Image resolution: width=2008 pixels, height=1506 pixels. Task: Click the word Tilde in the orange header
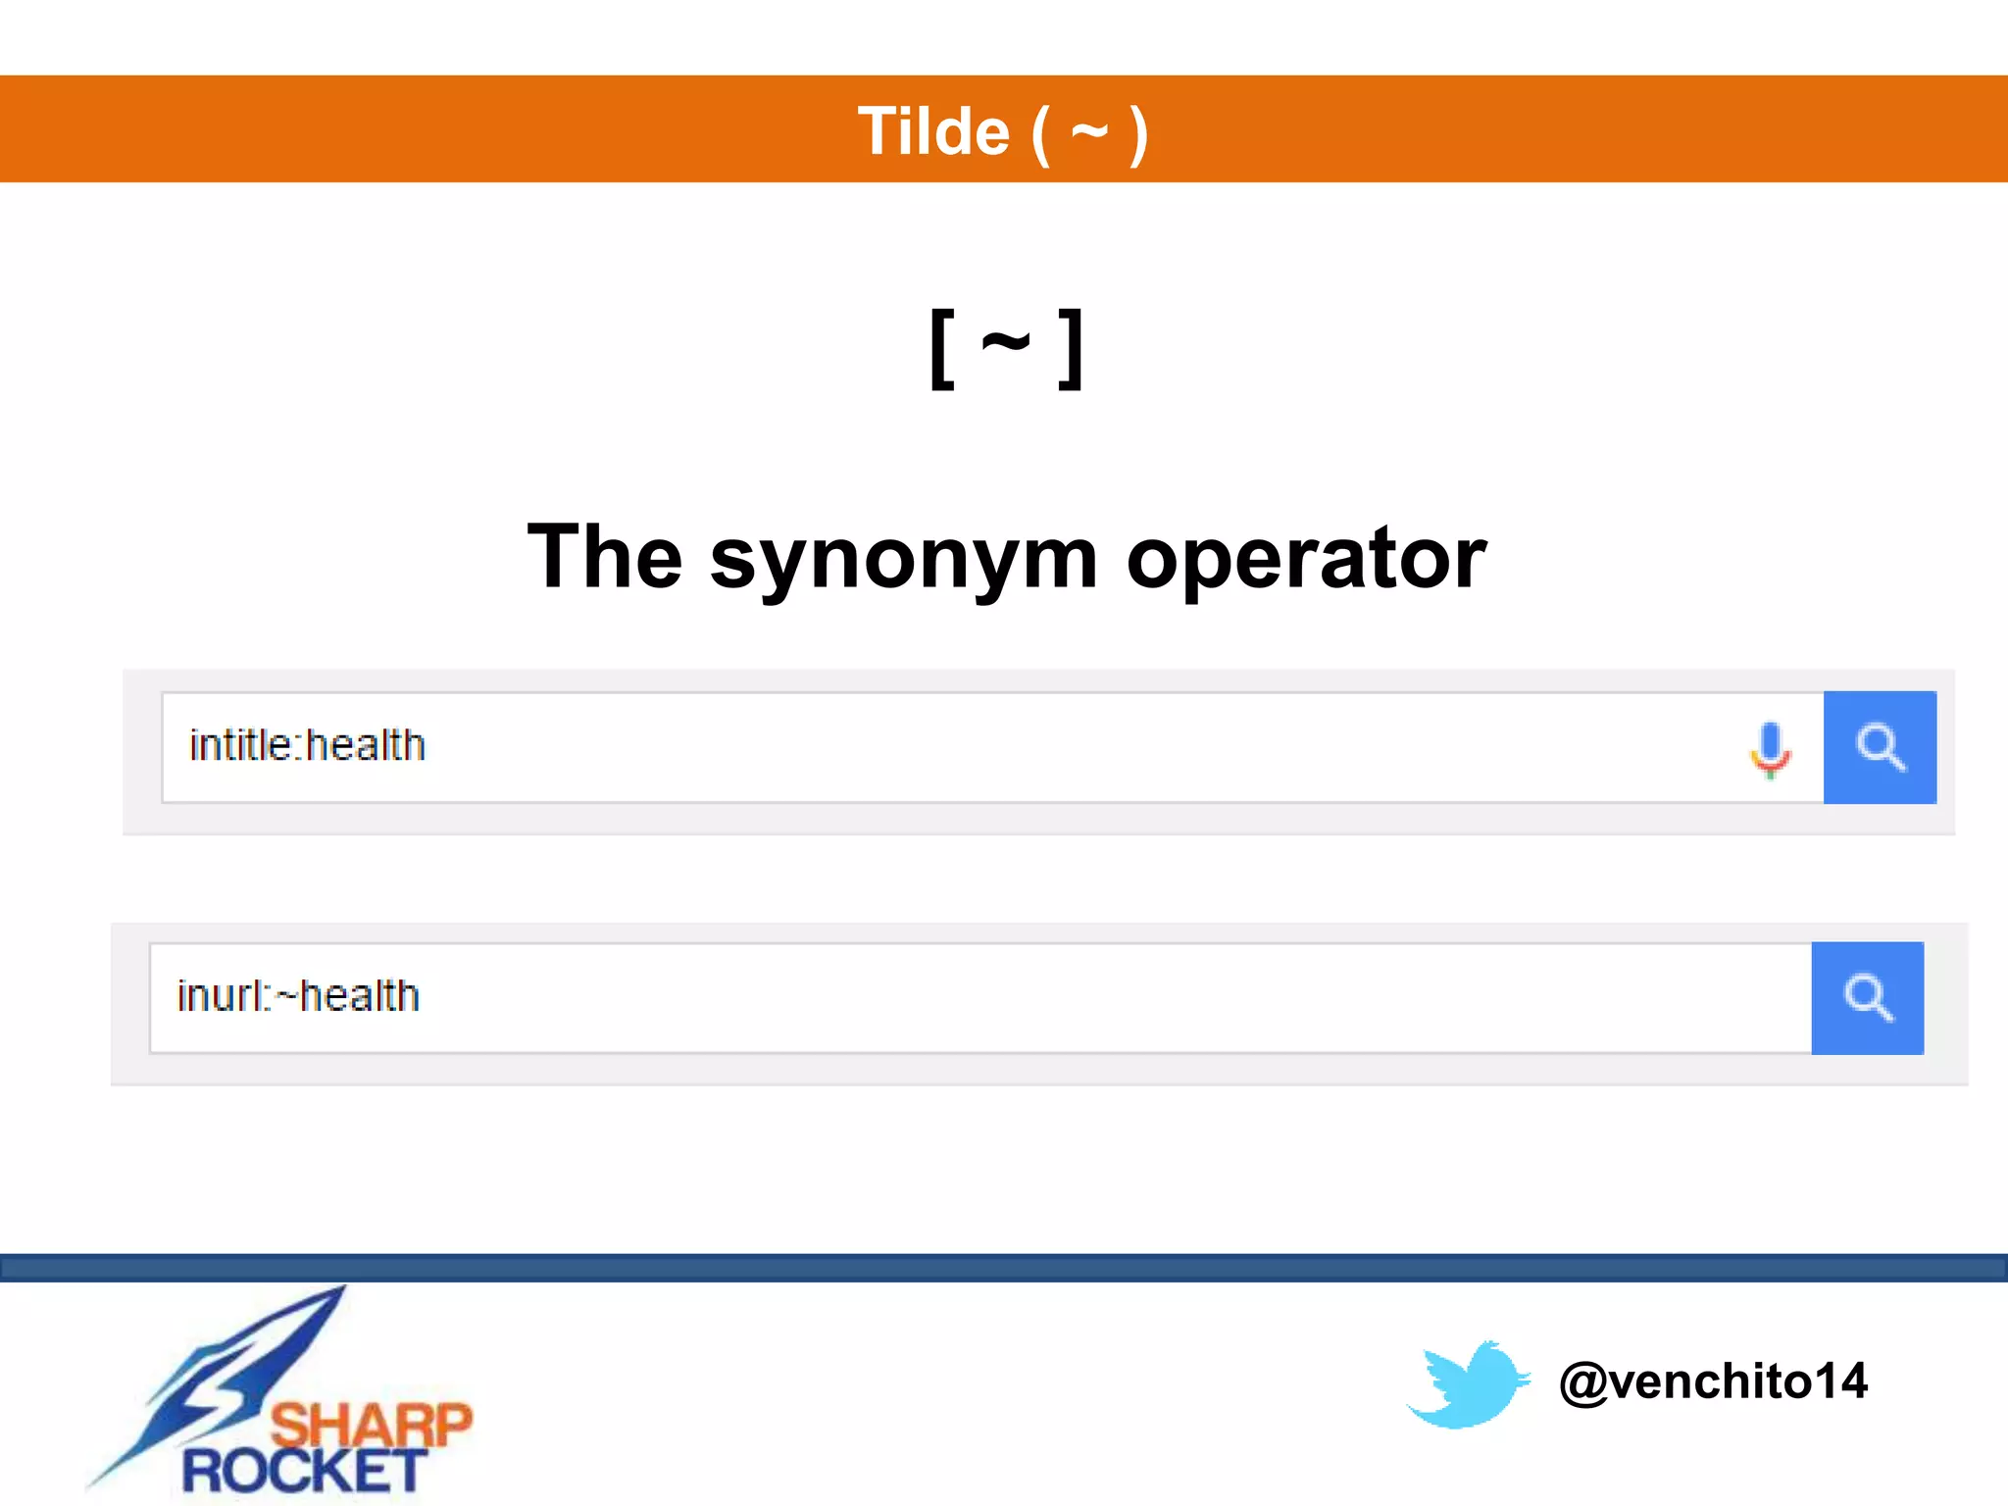click(932, 131)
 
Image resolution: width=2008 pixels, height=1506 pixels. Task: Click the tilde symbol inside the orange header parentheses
click(1089, 130)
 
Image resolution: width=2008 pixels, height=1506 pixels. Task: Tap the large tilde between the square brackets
click(1006, 344)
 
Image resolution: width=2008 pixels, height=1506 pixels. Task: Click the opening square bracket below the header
click(941, 349)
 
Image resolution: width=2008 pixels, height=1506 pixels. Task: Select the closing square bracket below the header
click(1072, 349)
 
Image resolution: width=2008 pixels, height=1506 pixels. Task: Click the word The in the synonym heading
click(604, 557)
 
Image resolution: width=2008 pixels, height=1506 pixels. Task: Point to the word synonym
click(903, 559)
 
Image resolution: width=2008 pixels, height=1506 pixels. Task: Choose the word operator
click(1306, 559)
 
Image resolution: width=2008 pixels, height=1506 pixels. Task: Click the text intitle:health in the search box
click(307, 746)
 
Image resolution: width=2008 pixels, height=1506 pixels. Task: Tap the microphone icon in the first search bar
click(1770, 748)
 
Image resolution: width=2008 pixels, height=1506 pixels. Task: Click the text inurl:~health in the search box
click(298, 997)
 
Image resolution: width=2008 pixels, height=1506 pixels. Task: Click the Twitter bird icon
click(1468, 1383)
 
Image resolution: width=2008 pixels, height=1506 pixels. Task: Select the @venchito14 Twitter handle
click(1713, 1381)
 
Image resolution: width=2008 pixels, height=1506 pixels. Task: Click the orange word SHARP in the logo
click(371, 1424)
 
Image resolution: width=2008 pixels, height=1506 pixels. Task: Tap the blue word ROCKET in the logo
click(304, 1471)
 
